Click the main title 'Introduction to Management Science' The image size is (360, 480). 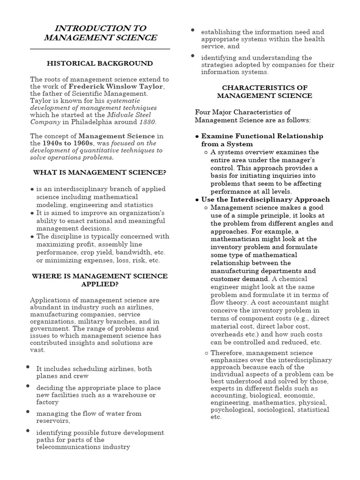click(x=100, y=33)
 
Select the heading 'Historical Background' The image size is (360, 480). click(x=100, y=63)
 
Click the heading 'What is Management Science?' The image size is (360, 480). click(x=100, y=172)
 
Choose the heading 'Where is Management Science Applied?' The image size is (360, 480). click(x=100, y=280)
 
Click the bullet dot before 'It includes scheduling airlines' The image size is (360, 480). click(x=28, y=367)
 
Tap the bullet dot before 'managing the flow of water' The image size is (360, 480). click(x=28, y=412)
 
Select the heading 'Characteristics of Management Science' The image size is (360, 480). click(x=264, y=92)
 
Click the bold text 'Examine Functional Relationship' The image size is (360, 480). click(x=262, y=136)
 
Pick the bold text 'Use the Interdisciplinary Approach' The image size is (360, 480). click(x=265, y=199)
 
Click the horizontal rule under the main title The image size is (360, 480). click(x=100, y=48)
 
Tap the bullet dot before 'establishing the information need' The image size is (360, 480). click(x=193, y=30)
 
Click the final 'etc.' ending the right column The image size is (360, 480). click(x=216, y=416)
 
